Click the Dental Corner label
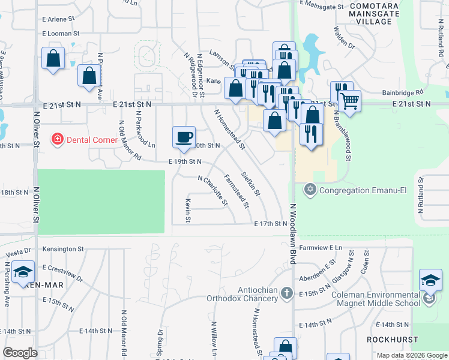coord(92,140)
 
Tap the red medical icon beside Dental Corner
coord(58,140)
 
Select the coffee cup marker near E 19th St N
coord(184,136)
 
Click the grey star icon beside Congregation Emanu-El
coord(310,191)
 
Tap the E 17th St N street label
coord(271,224)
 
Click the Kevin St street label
coord(188,211)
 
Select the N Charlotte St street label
coord(213,190)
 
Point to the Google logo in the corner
coord(20,353)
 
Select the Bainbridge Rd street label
coord(403,93)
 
